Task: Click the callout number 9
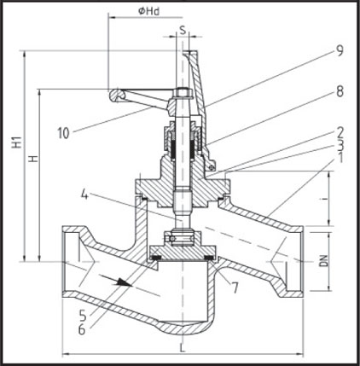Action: (x=339, y=50)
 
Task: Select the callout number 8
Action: (x=340, y=91)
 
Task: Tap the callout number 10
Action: (x=63, y=133)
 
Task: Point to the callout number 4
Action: (x=84, y=195)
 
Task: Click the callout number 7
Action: (x=235, y=288)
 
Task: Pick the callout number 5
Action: (x=83, y=315)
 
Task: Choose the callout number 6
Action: (x=82, y=329)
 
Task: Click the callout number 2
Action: (x=340, y=131)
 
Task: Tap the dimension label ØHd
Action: (x=148, y=11)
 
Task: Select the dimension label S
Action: (x=183, y=29)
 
